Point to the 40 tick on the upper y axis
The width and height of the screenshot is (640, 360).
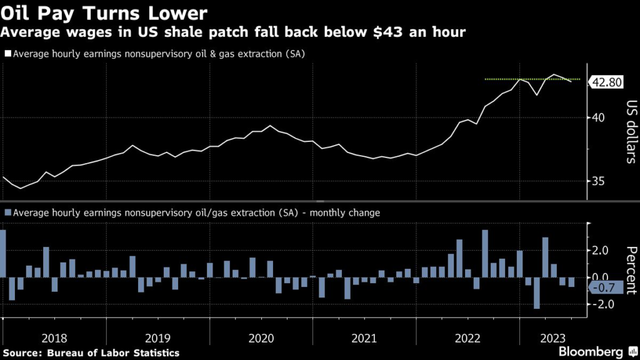pos(601,117)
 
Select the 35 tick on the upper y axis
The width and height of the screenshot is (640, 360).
pos(601,182)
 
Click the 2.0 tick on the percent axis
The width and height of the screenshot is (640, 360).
pos(601,250)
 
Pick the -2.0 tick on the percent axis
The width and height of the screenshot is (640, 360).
pos(601,304)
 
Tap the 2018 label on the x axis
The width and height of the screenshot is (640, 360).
pos(54,338)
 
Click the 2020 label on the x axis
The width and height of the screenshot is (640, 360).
pos(261,338)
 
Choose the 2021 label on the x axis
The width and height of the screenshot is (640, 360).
pos(364,338)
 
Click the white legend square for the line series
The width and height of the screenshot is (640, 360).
pos(7,54)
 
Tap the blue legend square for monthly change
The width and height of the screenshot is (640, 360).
pos(7,213)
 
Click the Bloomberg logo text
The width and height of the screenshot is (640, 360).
pos(591,351)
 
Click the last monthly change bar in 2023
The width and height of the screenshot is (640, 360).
pos(571,282)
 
